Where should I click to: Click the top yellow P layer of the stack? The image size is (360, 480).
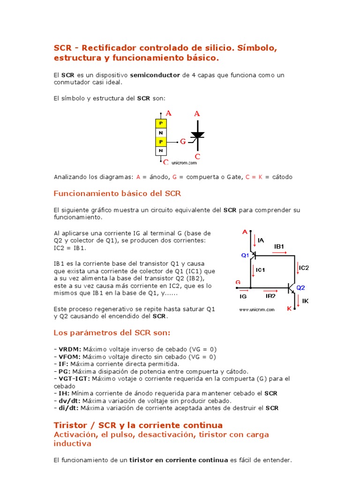pyautogui.click(x=161, y=123)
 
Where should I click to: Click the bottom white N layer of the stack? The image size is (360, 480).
pyautogui.click(x=161, y=150)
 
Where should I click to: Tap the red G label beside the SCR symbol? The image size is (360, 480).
pyautogui.click(x=183, y=141)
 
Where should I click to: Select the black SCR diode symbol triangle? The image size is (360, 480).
pyautogui.click(x=197, y=135)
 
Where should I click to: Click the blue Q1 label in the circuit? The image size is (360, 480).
pyautogui.click(x=245, y=255)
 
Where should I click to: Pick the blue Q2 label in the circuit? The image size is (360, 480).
pyautogui.click(x=300, y=288)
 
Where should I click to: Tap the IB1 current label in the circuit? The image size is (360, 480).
pyautogui.click(x=279, y=246)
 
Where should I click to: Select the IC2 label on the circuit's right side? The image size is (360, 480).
pyautogui.click(x=304, y=268)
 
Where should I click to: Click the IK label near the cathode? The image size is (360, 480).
pyautogui.click(x=305, y=300)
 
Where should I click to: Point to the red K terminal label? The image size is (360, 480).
pyautogui.click(x=289, y=309)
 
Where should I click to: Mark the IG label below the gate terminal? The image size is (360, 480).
pyautogui.click(x=243, y=296)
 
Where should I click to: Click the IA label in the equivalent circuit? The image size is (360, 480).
pyautogui.click(x=261, y=240)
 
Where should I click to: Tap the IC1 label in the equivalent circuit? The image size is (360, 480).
pyautogui.click(x=261, y=270)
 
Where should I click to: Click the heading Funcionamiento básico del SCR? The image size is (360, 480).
pyautogui.click(x=117, y=194)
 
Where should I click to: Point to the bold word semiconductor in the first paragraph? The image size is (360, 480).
pyautogui.click(x=155, y=75)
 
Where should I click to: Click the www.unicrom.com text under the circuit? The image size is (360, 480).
pyautogui.click(x=256, y=310)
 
